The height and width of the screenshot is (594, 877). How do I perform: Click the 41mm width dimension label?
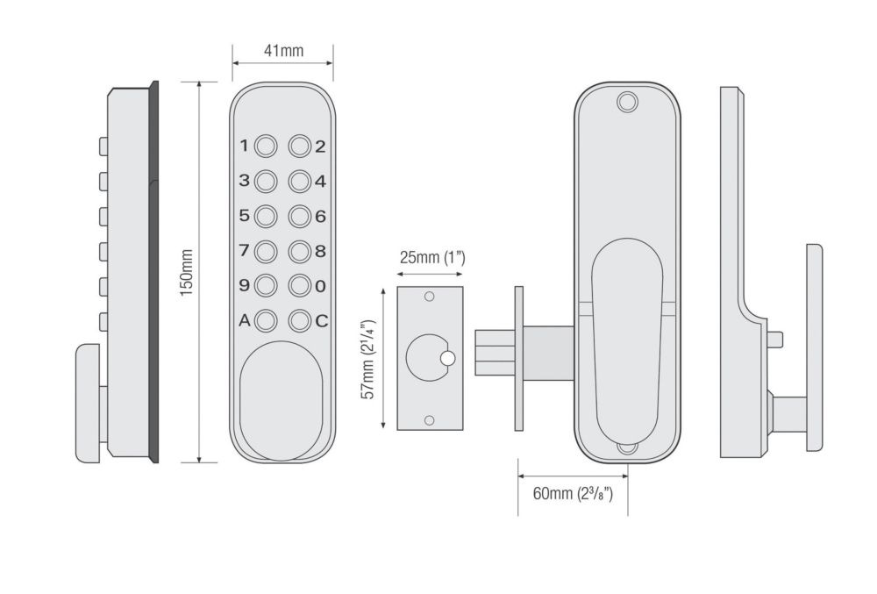click(x=283, y=51)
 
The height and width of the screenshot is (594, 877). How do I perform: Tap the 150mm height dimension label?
click(x=186, y=272)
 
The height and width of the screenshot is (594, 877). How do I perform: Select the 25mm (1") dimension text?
click(x=431, y=257)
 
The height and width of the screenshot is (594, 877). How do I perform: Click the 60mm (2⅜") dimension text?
click(x=572, y=493)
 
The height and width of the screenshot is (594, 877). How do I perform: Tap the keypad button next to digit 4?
click(x=300, y=182)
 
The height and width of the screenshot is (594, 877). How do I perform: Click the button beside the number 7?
click(x=265, y=251)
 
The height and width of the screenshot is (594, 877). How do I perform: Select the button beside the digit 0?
click(x=300, y=286)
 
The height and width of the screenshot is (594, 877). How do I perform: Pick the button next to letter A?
click(x=265, y=321)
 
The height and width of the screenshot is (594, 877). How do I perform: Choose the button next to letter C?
click(x=300, y=321)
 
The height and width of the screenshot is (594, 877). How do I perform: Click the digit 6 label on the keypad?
click(x=320, y=217)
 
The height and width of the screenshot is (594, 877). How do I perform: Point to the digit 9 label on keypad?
click(x=245, y=285)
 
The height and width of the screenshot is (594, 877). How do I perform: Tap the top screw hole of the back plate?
click(x=626, y=102)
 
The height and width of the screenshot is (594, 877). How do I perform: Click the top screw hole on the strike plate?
click(x=430, y=297)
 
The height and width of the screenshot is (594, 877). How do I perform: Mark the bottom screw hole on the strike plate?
click(x=430, y=420)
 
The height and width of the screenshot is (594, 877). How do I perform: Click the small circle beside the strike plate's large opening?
click(x=447, y=358)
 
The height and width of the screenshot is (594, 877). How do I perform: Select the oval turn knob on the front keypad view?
click(x=282, y=401)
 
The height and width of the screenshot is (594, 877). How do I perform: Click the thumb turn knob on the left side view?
click(x=88, y=404)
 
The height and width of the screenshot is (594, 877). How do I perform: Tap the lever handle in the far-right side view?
click(x=814, y=347)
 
